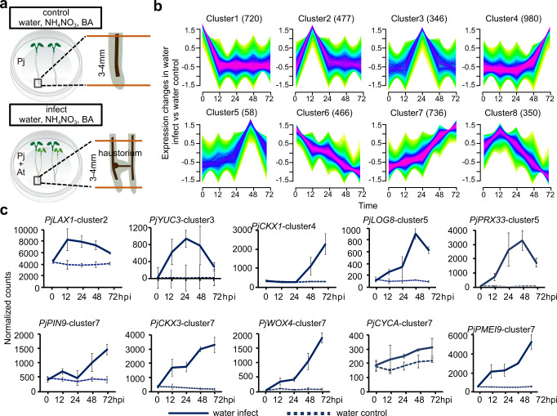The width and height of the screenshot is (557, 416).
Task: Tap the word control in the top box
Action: [42, 11]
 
